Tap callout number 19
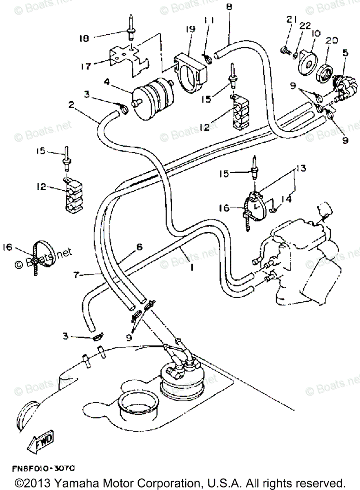(190, 29)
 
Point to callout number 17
(86, 65)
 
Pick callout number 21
(290, 20)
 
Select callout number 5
(345, 53)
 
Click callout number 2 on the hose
(71, 105)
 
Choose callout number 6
(139, 247)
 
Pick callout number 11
(208, 19)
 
